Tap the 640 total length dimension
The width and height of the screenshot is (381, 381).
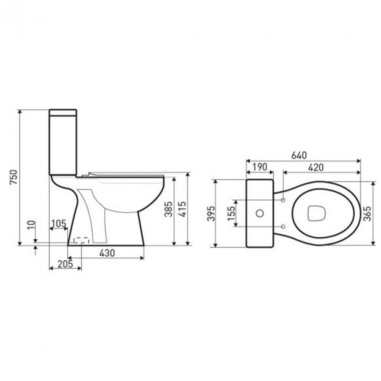click(299, 155)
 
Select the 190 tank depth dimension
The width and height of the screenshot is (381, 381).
click(259, 167)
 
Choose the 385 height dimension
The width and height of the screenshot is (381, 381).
click(168, 209)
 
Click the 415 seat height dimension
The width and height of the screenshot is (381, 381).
click(182, 209)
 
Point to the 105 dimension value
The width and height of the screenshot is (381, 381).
click(58, 223)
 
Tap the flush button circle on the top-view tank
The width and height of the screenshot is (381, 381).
click(260, 213)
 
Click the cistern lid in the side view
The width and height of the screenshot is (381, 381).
click(63, 113)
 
